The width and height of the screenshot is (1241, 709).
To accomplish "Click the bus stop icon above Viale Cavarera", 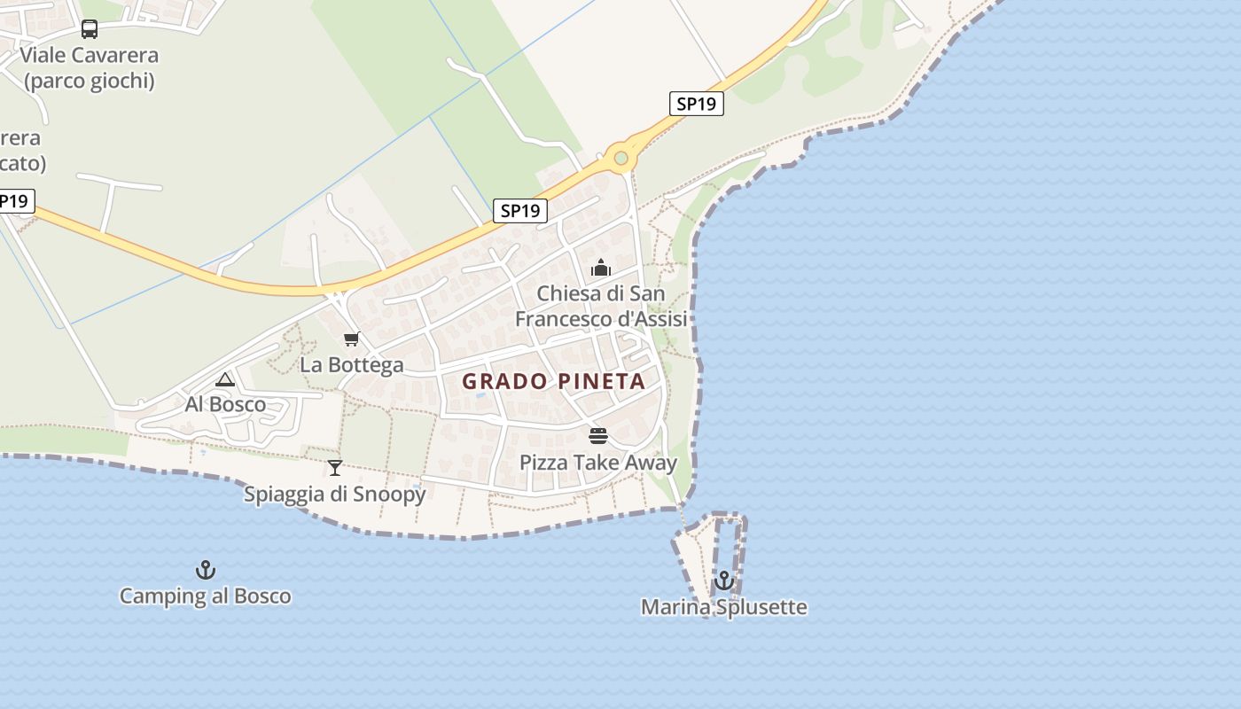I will pyautogui.click(x=90, y=29).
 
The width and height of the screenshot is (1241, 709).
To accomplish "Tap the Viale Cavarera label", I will pyautogui.click(x=90, y=55).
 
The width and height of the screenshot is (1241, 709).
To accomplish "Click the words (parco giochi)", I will pyautogui.click(x=90, y=81).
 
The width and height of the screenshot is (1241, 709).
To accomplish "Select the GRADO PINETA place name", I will pyautogui.click(x=554, y=382).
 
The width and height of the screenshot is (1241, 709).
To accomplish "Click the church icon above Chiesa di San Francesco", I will pyautogui.click(x=601, y=268).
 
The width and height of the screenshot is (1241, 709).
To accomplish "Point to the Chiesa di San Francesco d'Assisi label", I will pyautogui.click(x=601, y=306).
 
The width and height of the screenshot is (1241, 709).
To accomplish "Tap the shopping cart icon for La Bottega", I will pyautogui.click(x=352, y=339).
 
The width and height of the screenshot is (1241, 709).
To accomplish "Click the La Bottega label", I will pyautogui.click(x=351, y=364).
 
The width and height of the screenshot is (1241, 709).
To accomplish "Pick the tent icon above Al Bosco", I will pyautogui.click(x=225, y=379).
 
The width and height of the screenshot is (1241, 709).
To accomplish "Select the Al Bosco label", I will pyautogui.click(x=225, y=404).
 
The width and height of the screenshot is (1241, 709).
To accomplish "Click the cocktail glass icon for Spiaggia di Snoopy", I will pyautogui.click(x=335, y=468).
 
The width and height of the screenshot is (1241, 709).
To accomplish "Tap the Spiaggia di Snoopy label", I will pyautogui.click(x=335, y=494).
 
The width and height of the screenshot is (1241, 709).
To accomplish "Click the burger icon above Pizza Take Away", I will pyautogui.click(x=598, y=436).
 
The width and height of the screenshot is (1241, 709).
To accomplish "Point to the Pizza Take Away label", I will pyautogui.click(x=598, y=462).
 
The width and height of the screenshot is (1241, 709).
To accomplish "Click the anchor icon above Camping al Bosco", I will pyautogui.click(x=206, y=570).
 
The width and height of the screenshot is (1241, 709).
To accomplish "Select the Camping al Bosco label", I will pyautogui.click(x=206, y=596).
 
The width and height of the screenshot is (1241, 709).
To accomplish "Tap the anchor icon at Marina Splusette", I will pyautogui.click(x=724, y=580).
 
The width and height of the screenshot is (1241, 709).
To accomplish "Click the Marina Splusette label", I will pyautogui.click(x=724, y=607).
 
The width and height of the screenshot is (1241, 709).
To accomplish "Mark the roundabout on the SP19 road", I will pyautogui.click(x=620, y=159).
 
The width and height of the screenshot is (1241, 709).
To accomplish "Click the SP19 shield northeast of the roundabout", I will pyautogui.click(x=696, y=104).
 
